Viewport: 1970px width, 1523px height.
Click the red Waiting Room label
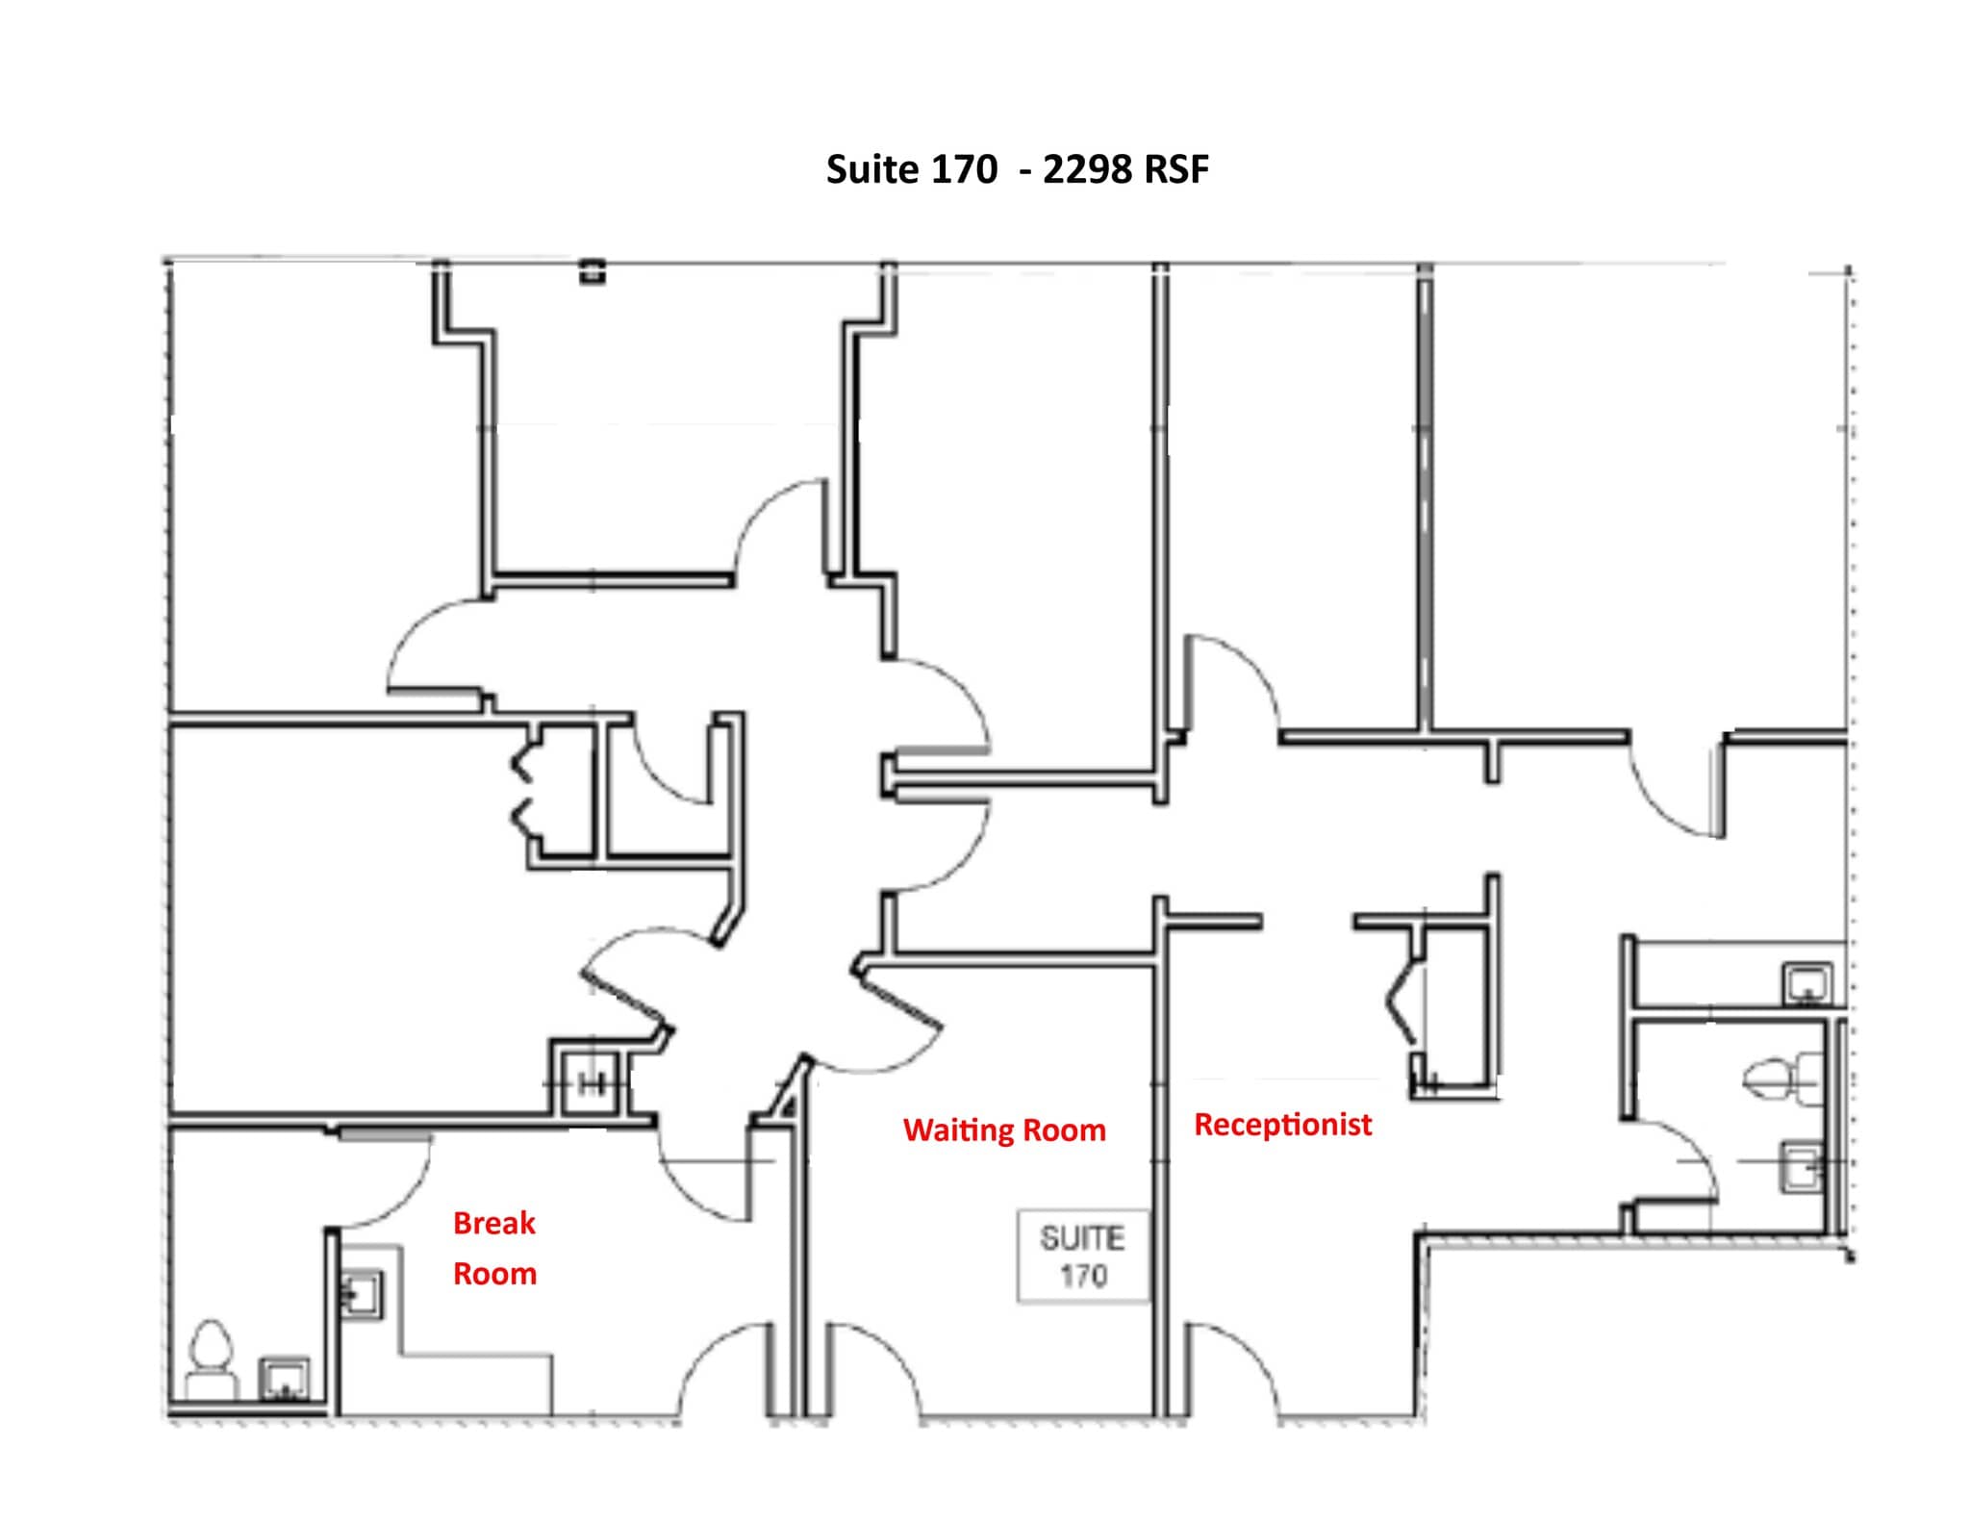(1004, 1130)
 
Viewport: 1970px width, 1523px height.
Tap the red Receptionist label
(1282, 1124)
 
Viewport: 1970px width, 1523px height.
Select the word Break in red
(493, 1223)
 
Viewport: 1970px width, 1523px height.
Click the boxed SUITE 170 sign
(1083, 1256)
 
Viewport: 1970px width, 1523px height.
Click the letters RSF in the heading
(1175, 169)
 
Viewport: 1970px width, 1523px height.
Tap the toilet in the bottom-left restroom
(211, 1357)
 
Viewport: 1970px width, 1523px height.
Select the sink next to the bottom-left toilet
(285, 1378)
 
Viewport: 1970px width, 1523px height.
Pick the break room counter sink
(363, 1294)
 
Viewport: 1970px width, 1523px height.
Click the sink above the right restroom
(1807, 984)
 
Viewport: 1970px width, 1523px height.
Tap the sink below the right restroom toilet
(1802, 1165)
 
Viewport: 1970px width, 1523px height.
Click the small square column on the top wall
(593, 273)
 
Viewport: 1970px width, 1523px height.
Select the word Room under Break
(494, 1274)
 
